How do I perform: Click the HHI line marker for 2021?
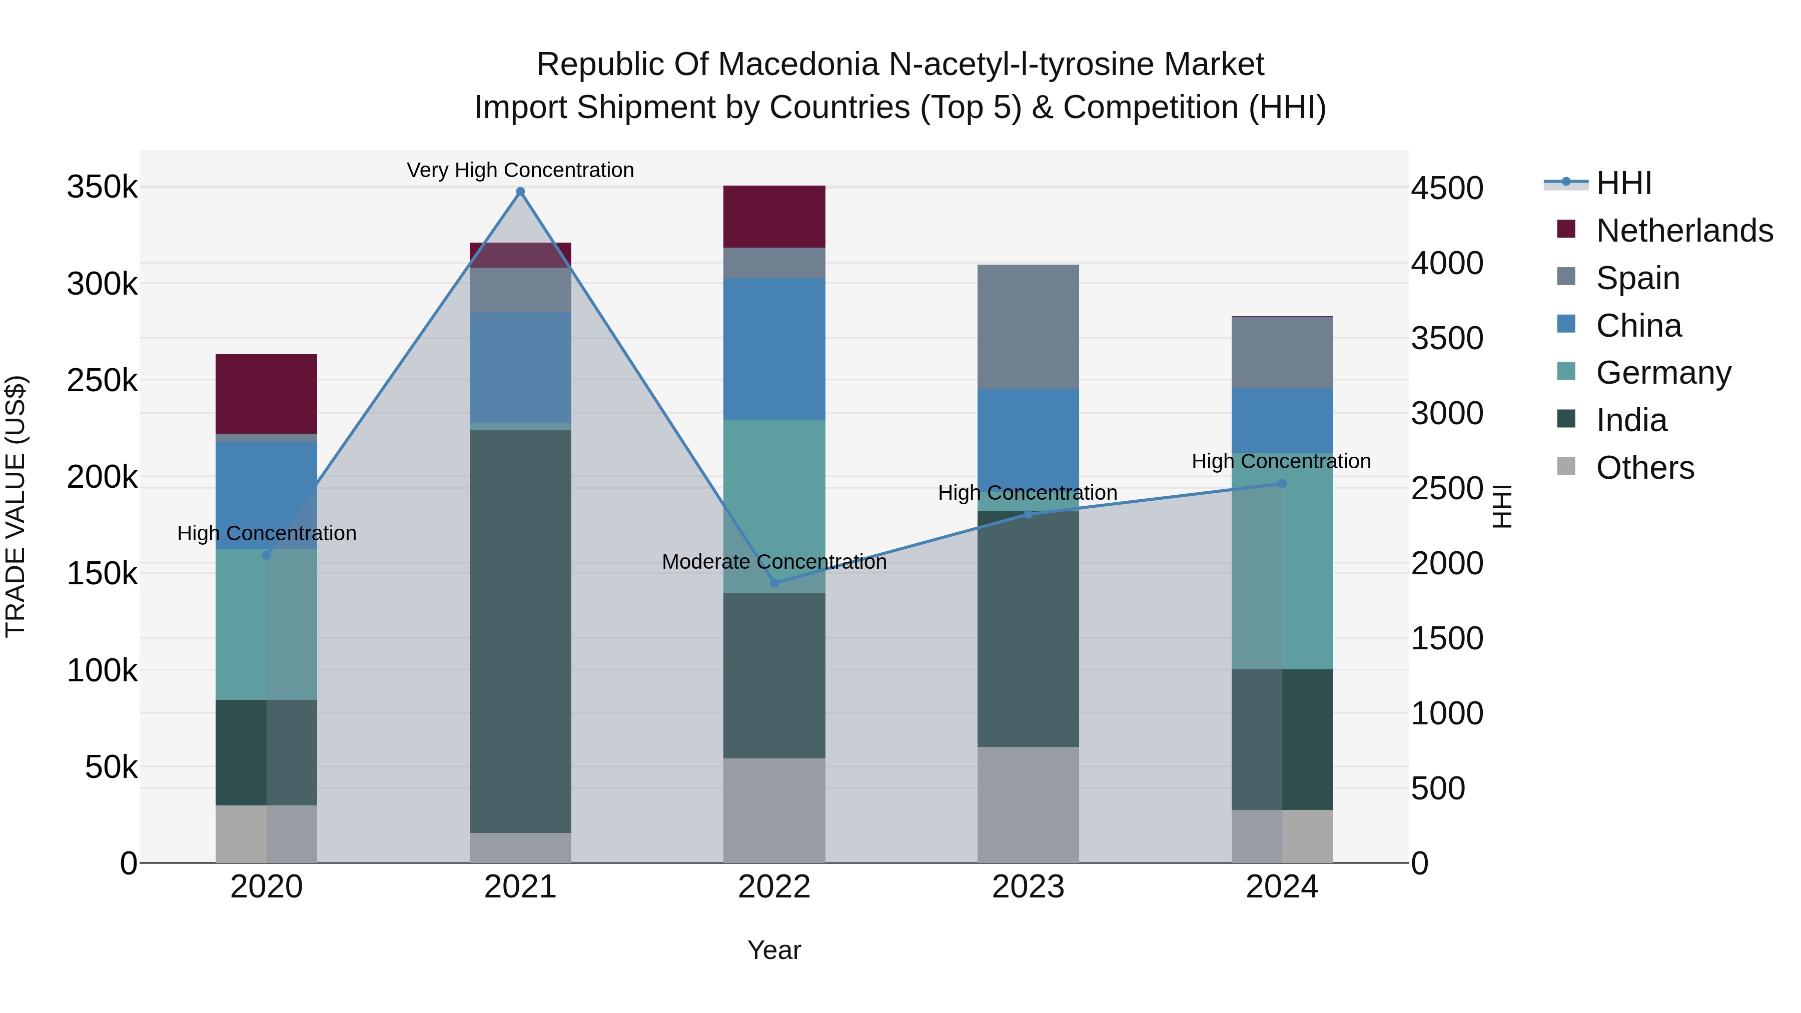pos(520,192)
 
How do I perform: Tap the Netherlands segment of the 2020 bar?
pos(266,394)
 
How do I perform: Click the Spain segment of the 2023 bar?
pos(1028,327)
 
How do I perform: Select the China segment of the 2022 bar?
pos(774,349)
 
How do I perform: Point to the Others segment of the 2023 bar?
pos(1028,804)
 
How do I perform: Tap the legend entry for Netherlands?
pos(1684,231)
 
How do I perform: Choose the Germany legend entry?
pos(1663,373)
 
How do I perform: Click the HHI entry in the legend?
pos(1623,183)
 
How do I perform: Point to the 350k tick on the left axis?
pos(102,188)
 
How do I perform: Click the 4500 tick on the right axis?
pos(1446,189)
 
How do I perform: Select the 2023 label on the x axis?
pos(1028,887)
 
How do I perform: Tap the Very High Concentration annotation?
pos(520,170)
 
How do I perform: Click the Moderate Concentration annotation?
pos(774,561)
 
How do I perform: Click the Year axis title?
pos(774,950)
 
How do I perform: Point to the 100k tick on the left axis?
pos(102,670)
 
